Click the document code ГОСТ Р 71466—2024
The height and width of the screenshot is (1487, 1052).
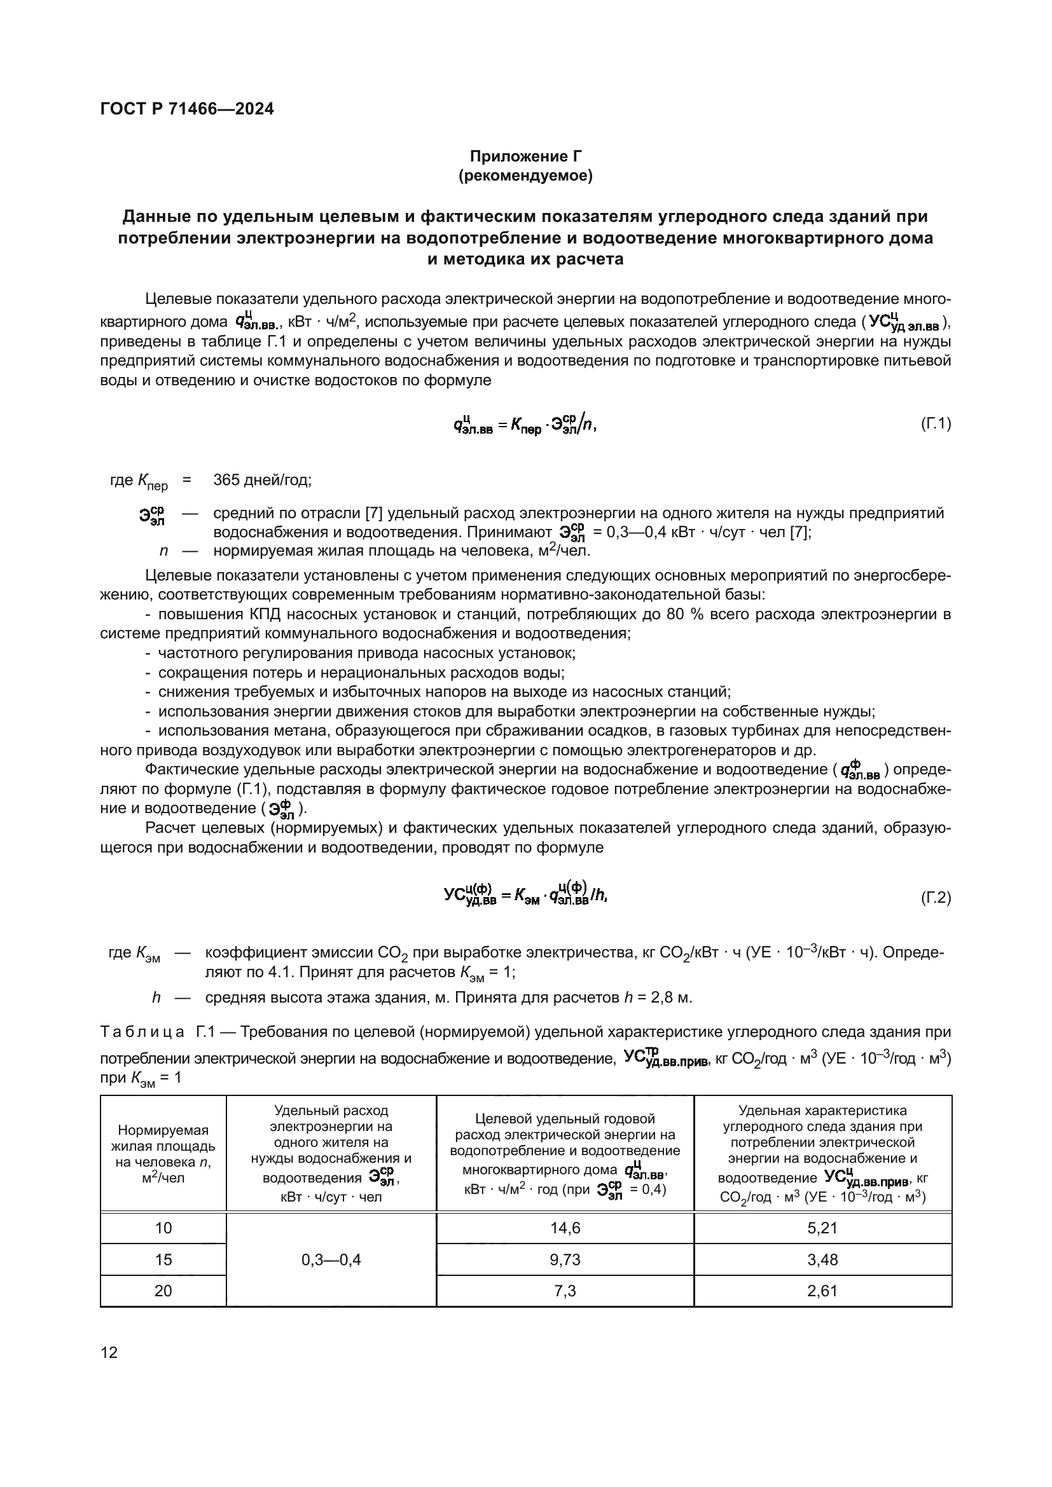coord(187,109)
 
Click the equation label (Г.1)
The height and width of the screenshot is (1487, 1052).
coord(936,424)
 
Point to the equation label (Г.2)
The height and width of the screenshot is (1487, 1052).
coord(936,898)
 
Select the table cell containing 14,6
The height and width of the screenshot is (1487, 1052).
coord(565,1228)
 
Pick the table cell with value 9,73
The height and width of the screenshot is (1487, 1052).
coord(565,1259)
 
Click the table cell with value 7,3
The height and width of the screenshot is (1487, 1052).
coord(565,1290)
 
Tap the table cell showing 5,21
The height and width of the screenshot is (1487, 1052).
coord(822,1228)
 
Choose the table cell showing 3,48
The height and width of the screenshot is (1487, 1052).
coord(822,1259)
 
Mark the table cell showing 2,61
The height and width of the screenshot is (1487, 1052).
coord(822,1290)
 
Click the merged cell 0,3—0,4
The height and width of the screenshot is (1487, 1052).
coord(331,1259)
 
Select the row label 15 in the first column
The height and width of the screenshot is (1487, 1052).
coord(163,1259)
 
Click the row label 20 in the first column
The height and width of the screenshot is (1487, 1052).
coord(163,1290)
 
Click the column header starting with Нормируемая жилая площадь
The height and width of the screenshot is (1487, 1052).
coord(163,1154)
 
